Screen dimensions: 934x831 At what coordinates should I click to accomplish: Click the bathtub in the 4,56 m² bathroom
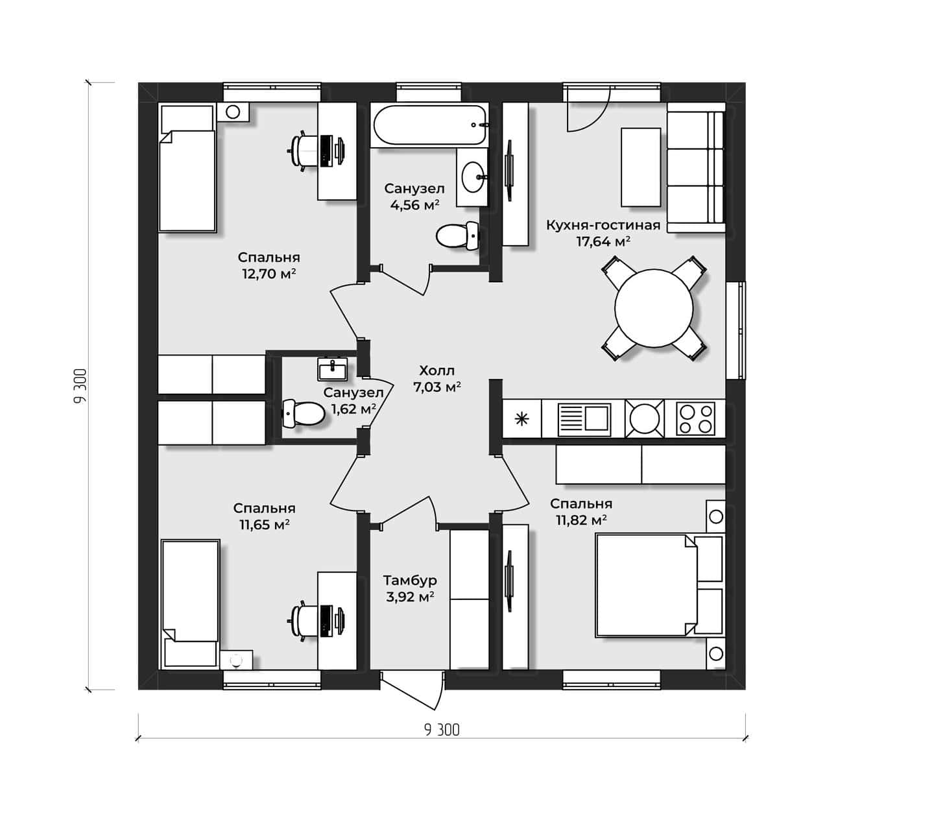click(429, 125)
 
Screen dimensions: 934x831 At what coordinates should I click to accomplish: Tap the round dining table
click(654, 308)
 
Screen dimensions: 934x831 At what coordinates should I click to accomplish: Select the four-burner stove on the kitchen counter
click(695, 418)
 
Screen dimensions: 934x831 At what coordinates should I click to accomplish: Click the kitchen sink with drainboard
click(584, 418)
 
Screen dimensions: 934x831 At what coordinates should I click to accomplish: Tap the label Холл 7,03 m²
click(437, 379)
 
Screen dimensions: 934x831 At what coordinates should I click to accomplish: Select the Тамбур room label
click(410, 580)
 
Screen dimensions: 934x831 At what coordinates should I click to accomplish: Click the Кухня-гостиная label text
click(603, 225)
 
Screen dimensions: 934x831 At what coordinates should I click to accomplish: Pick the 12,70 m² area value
click(269, 274)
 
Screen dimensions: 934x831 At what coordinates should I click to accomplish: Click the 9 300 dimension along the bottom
click(441, 730)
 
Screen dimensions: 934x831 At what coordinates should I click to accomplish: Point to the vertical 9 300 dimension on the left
click(80, 386)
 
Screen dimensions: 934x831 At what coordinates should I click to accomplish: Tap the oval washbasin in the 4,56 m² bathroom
click(472, 176)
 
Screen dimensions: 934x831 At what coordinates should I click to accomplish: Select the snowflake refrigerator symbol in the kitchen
click(521, 419)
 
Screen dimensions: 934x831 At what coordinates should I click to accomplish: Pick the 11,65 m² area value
click(264, 524)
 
